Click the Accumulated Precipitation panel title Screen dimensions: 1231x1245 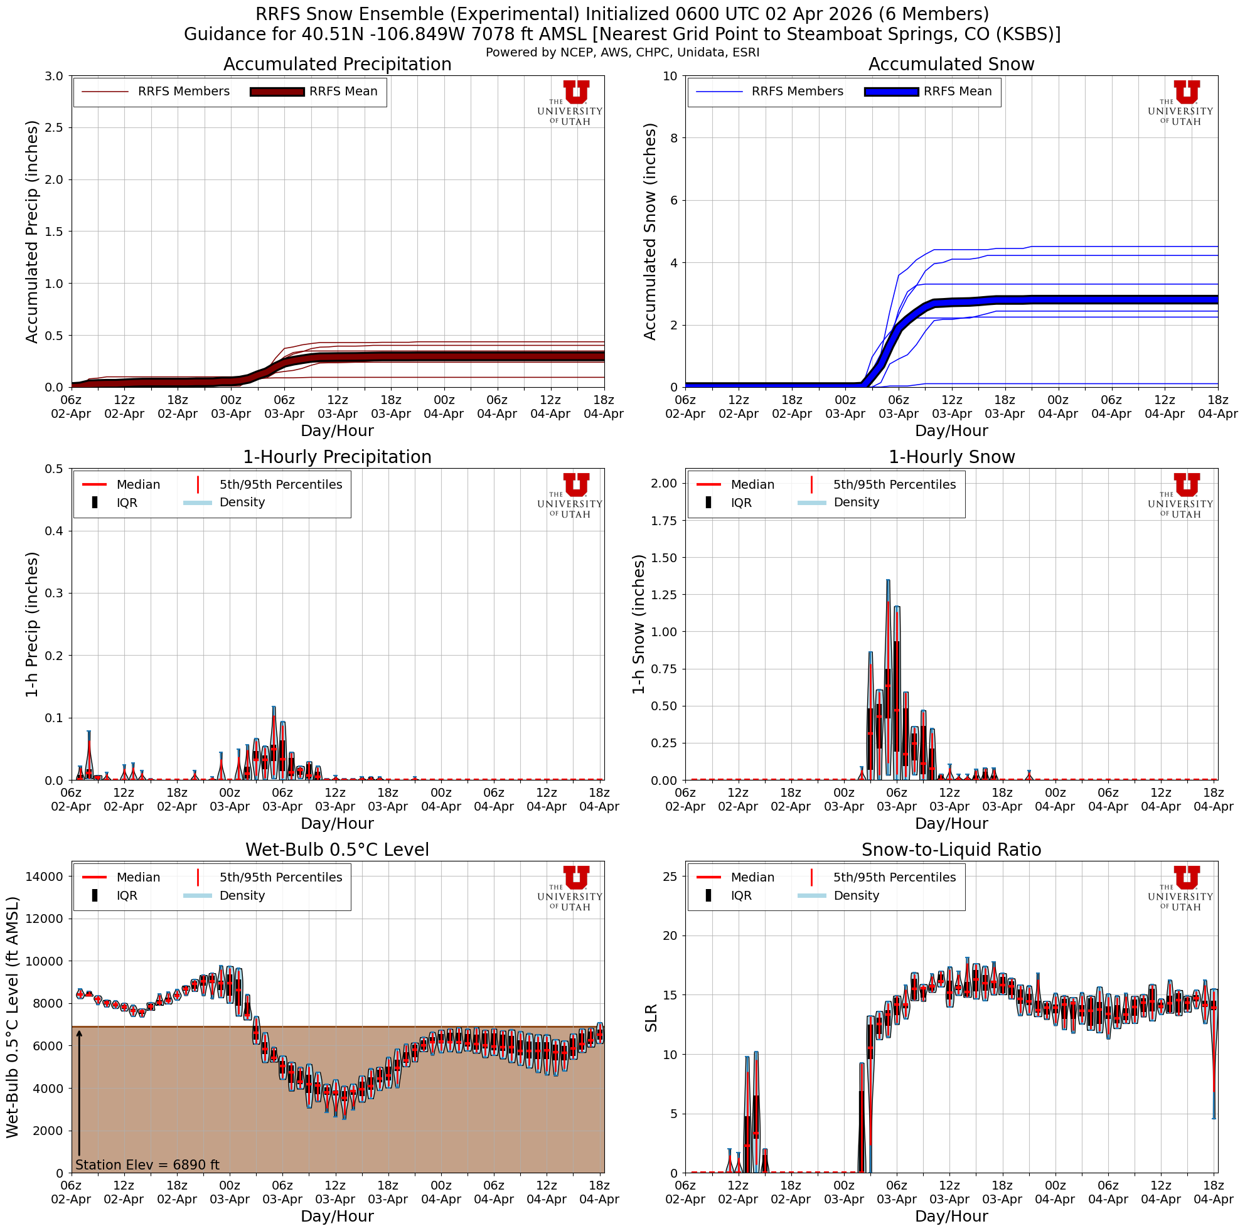337,65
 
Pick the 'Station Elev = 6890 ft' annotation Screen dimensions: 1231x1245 147,1164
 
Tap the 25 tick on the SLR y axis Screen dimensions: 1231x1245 669,876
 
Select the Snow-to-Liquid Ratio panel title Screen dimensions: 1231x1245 951,850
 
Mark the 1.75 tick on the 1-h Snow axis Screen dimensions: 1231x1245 665,521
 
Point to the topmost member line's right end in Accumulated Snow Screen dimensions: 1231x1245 1217,246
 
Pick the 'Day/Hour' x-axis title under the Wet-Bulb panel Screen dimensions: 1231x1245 337,1216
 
